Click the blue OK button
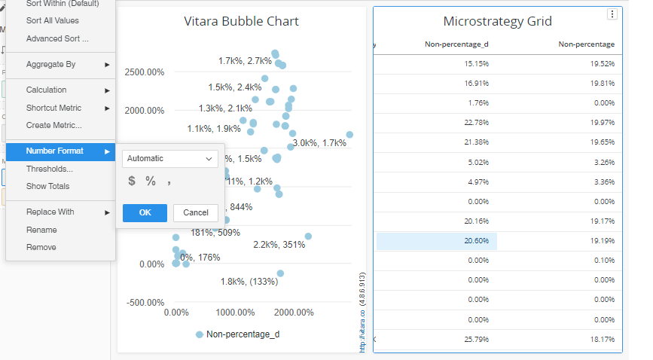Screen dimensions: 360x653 (x=145, y=212)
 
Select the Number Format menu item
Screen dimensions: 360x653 (x=54, y=151)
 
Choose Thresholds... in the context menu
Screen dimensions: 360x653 (x=49, y=169)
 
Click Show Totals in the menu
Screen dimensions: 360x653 (x=47, y=186)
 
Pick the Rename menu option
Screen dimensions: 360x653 (x=41, y=230)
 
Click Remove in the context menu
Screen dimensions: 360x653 (x=41, y=247)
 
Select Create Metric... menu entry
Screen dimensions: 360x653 (x=53, y=125)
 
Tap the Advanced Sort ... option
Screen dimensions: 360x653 (x=56, y=38)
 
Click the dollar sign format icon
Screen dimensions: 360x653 (x=132, y=181)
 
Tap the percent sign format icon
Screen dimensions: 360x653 (x=151, y=181)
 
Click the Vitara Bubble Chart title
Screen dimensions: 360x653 (x=241, y=21)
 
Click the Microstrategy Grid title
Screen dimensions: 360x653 (x=497, y=21)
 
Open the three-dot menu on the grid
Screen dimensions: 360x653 (x=612, y=14)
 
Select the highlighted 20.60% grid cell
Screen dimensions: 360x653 (x=437, y=240)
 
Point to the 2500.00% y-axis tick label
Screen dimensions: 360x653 (x=145, y=72)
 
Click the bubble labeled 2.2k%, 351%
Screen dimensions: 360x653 (x=308, y=236)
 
